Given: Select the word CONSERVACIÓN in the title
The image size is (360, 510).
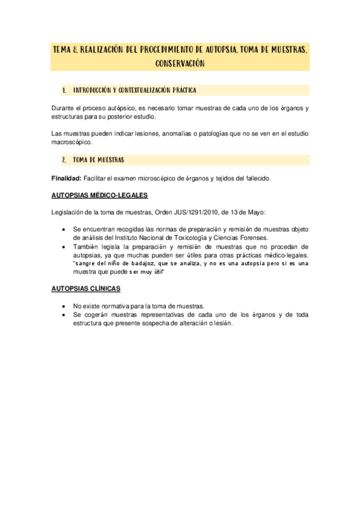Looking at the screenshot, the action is (x=180, y=63).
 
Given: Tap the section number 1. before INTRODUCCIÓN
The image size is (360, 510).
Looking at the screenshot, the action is (x=63, y=90).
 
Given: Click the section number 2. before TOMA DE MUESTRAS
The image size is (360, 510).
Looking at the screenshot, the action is (x=63, y=160).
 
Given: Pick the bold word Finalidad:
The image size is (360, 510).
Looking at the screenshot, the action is (x=67, y=178).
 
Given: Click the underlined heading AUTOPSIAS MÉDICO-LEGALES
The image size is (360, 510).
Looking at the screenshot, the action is (x=99, y=195).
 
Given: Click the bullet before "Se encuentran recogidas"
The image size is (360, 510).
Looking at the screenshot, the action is (x=64, y=230).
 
